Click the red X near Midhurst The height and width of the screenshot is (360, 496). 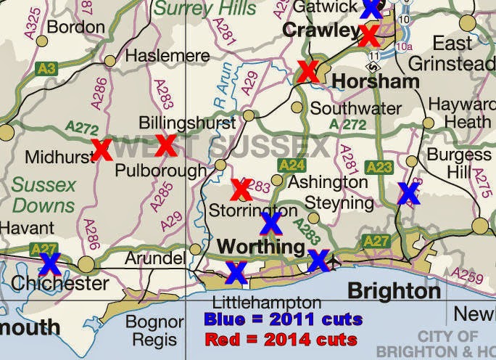102,150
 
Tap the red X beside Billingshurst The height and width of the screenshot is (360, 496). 166,145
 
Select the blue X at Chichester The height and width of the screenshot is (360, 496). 49,263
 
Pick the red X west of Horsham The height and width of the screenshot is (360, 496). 307,71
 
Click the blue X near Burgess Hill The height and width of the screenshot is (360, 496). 408,192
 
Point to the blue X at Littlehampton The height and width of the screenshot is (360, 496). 236,272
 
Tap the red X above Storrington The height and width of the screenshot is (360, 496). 241,189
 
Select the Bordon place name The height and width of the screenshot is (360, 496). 75,28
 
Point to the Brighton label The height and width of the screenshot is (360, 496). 394,291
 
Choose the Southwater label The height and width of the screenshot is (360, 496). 355,109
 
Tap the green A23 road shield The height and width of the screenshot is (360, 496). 379,167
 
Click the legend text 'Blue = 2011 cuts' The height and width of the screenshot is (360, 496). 283,319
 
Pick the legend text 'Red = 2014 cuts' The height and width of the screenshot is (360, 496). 281,339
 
